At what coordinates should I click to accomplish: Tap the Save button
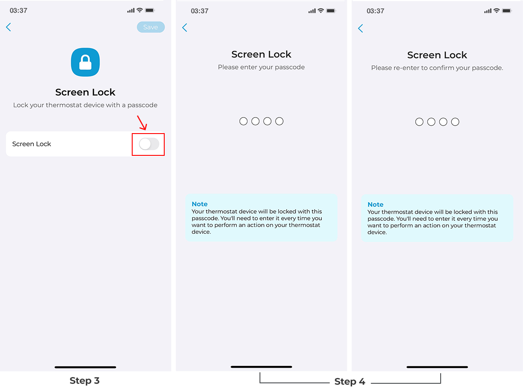[151, 27]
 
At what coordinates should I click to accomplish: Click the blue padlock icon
[85, 62]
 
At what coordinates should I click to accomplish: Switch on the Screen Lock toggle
[149, 144]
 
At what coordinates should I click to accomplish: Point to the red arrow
[142, 122]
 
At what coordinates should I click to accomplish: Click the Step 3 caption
[85, 380]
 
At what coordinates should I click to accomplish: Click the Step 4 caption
[349, 382]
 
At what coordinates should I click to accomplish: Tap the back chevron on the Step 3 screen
[8, 27]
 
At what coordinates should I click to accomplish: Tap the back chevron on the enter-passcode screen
[185, 28]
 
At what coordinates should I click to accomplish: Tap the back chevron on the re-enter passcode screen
[361, 28]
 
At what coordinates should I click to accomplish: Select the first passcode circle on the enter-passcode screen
[243, 121]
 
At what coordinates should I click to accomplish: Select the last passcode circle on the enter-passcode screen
[280, 121]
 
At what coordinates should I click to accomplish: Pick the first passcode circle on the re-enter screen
[419, 122]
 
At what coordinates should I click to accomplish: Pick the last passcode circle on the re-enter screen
[455, 122]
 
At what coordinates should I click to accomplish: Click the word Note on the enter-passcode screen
[199, 204]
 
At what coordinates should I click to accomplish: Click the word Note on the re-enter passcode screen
[375, 204]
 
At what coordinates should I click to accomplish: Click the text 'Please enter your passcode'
[261, 67]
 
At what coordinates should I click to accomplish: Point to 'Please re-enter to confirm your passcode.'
[437, 68]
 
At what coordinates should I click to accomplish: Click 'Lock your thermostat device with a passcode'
[85, 105]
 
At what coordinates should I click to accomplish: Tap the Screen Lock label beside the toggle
[32, 144]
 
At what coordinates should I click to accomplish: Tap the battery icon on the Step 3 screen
[150, 10]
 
